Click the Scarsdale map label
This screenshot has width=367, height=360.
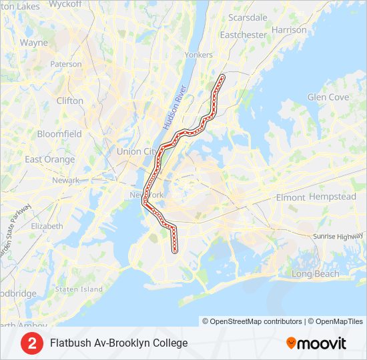pos(248,17)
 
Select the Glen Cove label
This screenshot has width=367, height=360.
pos(328,97)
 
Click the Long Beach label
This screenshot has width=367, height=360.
pos(316,274)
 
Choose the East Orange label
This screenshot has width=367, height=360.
pos(50,159)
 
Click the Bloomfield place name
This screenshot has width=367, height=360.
pos(59,133)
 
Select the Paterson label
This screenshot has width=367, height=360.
pos(65,65)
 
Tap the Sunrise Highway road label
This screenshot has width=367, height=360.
pos(340,237)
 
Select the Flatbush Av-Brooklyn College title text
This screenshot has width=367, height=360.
pos(119,343)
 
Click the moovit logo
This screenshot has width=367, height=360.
pos(316,343)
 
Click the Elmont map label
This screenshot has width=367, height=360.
pos(290,197)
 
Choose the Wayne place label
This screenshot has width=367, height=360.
pos(34,42)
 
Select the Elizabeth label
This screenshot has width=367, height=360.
pos(47,226)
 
